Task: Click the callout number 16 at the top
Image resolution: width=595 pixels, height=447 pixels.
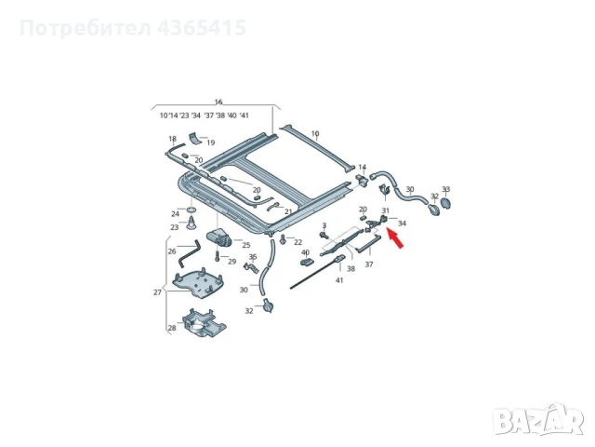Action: (x=218, y=102)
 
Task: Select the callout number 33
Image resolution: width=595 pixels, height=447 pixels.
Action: (x=445, y=189)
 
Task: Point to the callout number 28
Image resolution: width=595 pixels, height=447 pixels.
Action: (x=171, y=328)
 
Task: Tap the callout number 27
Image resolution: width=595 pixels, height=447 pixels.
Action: (x=157, y=292)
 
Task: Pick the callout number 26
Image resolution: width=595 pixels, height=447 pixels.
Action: (x=171, y=251)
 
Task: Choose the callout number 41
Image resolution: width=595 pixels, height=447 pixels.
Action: (x=339, y=280)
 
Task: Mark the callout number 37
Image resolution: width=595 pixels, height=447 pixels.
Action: (x=368, y=264)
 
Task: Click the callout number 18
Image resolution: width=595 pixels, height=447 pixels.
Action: (x=172, y=139)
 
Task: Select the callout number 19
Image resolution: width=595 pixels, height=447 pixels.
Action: (x=211, y=142)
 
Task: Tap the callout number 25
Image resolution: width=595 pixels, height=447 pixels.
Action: (x=246, y=244)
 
